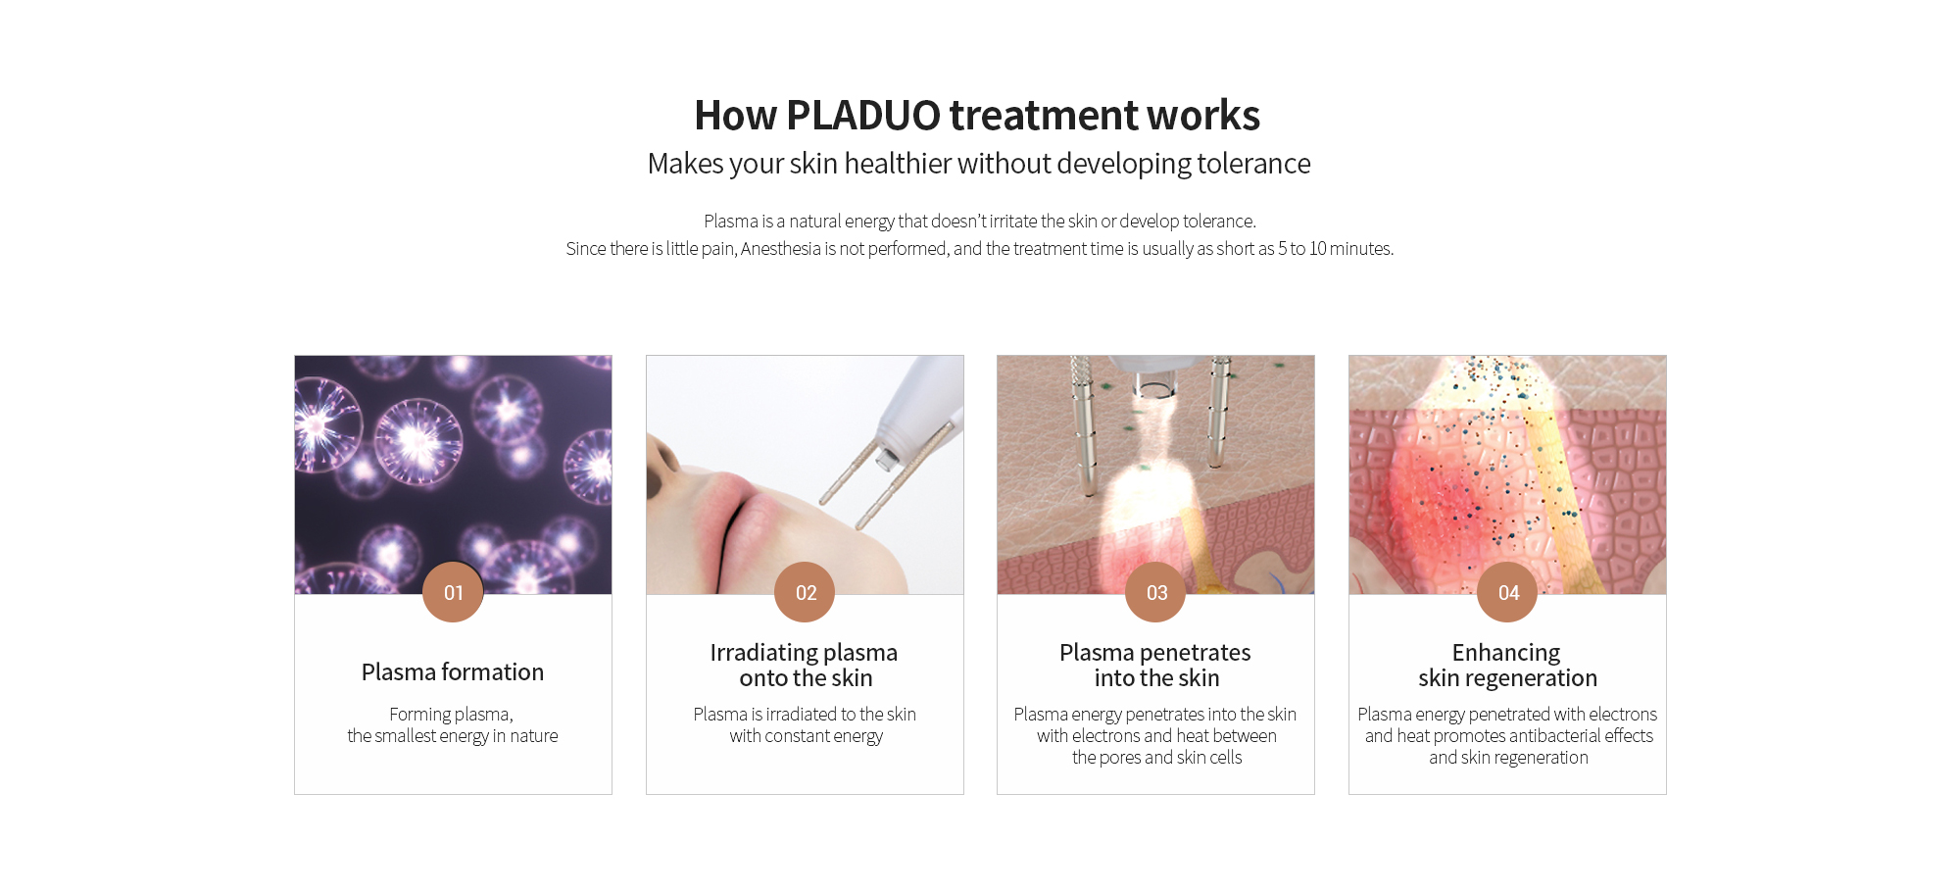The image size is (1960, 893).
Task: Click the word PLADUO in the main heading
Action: coord(863,116)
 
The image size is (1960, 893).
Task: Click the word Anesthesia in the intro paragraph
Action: coord(781,249)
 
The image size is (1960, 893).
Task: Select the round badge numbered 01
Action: coord(453,592)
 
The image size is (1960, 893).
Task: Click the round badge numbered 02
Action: coord(805,592)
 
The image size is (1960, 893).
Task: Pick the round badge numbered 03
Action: coord(1155,592)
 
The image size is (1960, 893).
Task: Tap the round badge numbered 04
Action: coord(1507,592)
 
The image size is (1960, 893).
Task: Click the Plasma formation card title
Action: coord(453,672)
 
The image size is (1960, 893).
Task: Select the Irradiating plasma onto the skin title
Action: coord(805,666)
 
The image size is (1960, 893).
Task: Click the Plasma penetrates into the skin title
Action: coord(1155,666)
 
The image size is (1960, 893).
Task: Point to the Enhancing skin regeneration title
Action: coord(1507,666)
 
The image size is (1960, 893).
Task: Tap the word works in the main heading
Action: coord(1203,116)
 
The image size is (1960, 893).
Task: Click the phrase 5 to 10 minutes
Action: coord(1335,249)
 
